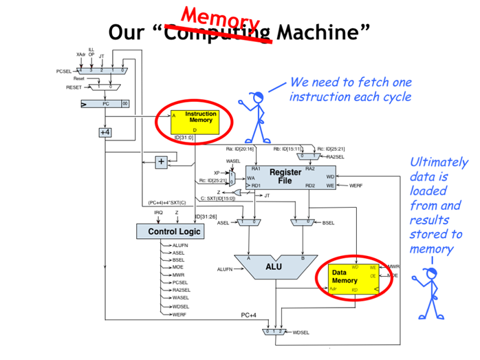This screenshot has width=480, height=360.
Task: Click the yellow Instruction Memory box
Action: (x=195, y=120)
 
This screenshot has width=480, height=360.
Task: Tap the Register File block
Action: (x=285, y=176)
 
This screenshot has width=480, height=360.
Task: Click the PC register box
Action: (x=104, y=104)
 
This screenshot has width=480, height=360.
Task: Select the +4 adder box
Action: (x=105, y=131)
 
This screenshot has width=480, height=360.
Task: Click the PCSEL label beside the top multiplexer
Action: (x=64, y=71)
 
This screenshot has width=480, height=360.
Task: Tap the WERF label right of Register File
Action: (x=356, y=186)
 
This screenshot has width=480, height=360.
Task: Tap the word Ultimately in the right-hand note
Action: (x=438, y=163)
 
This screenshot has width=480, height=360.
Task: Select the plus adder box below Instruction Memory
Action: (x=161, y=162)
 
